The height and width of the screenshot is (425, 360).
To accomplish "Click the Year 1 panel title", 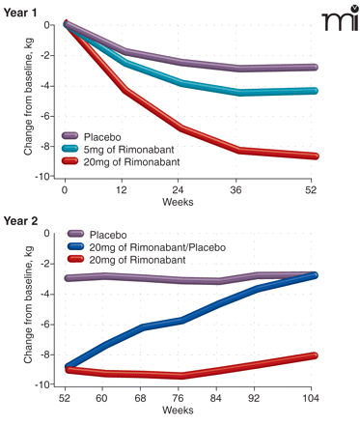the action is pyautogui.click(x=20, y=13).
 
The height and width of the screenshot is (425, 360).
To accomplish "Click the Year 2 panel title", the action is pyautogui.click(x=20, y=221).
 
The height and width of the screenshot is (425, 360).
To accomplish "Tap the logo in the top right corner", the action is pyautogui.click(x=341, y=18).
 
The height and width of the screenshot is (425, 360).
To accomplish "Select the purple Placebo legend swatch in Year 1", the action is pyautogui.click(x=69, y=136).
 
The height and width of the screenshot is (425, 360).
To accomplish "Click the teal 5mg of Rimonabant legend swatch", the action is pyautogui.click(x=69, y=149).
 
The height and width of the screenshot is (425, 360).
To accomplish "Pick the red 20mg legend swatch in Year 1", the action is pyautogui.click(x=69, y=161).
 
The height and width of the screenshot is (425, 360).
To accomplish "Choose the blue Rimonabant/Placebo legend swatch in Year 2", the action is pyautogui.click(x=75, y=247).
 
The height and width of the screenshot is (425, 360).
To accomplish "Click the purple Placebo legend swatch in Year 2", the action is pyautogui.click(x=75, y=235).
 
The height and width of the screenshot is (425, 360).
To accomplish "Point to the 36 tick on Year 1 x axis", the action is pyautogui.click(x=235, y=190).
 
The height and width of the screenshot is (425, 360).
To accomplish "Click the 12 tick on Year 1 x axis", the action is pyautogui.click(x=122, y=190).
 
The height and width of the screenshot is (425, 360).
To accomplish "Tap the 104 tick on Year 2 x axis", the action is pyautogui.click(x=311, y=398).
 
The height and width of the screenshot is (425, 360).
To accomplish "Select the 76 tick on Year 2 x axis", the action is pyautogui.click(x=178, y=398).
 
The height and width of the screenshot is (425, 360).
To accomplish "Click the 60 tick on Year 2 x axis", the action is pyautogui.click(x=101, y=398).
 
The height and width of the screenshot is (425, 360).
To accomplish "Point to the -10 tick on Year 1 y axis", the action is pyautogui.click(x=44, y=177).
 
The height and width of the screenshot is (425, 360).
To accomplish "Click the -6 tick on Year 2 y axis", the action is pyautogui.click(x=45, y=325).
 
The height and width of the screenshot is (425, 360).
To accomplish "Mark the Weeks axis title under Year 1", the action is pyautogui.click(x=178, y=202).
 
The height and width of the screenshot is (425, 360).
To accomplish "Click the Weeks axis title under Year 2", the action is pyautogui.click(x=178, y=411).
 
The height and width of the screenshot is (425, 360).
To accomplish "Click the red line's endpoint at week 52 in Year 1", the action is pyautogui.click(x=315, y=156).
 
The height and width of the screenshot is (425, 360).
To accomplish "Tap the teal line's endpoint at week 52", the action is pyautogui.click(x=315, y=91).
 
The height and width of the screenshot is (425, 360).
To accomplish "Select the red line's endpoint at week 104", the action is pyautogui.click(x=314, y=355).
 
